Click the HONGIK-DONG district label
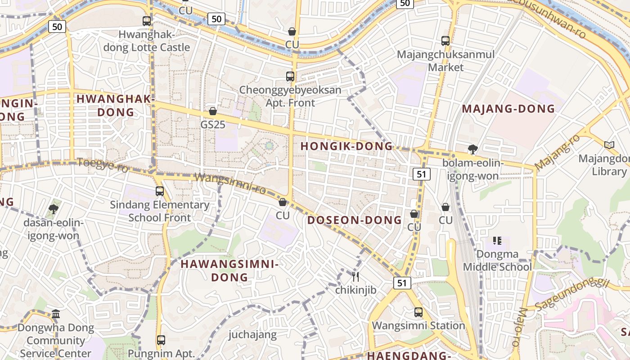tap(346, 146)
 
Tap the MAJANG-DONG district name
tap(508, 108)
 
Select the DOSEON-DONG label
tap(355, 220)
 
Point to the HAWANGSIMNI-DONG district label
tap(229, 270)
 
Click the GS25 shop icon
tap(213, 111)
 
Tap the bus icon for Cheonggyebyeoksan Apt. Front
tap(290, 76)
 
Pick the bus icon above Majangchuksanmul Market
tap(445, 41)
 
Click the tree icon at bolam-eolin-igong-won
tap(472, 149)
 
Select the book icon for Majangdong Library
tap(609, 145)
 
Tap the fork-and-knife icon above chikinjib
tap(355, 276)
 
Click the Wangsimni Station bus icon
tap(418, 312)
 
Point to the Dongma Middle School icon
tap(497, 241)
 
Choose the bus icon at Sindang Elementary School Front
tap(160, 191)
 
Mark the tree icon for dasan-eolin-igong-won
tap(54, 209)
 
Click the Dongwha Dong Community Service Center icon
tap(56, 314)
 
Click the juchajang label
tap(252, 334)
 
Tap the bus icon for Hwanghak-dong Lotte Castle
tap(147, 21)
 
